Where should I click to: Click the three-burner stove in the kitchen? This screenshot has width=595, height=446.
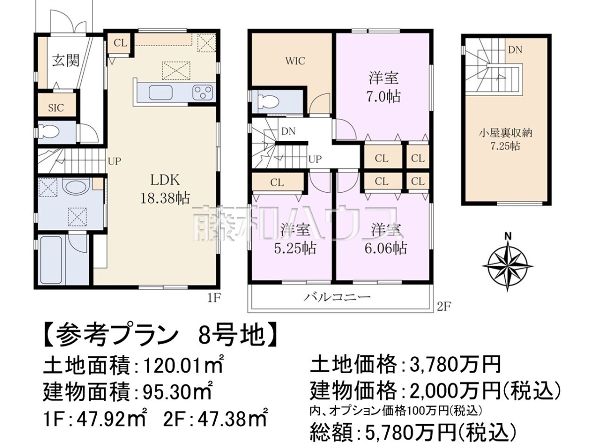pos(202,92)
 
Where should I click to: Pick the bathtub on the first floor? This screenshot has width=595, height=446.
pos(53,259)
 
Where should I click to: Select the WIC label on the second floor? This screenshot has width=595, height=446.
pos(295,61)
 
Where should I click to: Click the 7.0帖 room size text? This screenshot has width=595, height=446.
pos(383,97)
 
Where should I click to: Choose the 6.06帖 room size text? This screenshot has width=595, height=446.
pos(385,248)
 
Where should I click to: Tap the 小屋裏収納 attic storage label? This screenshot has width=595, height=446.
pos(506,133)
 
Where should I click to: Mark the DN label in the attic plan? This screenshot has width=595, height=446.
pos(515,50)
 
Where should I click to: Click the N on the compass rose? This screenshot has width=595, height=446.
pos(508,236)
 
